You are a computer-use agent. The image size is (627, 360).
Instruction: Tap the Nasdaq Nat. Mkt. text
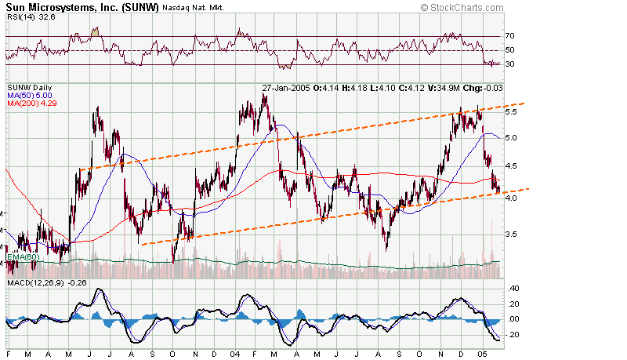[x=194, y=8]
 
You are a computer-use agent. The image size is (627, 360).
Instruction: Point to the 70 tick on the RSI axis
[x=509, y=36]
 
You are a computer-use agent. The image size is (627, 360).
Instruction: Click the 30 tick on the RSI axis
[x=509, y=65]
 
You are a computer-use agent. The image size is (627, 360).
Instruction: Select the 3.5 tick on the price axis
[x=510, y=235]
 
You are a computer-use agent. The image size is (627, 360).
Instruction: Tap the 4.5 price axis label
[x=510, y=166]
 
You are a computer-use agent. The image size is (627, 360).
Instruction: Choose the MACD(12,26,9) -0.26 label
[x=45, y=282]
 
